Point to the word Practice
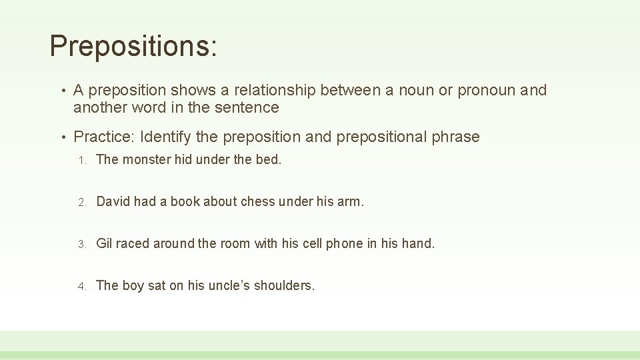pyautogui.click(x=104, y=137)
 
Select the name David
pyautogui.click(x=113, y=202)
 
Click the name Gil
pyautogui.click(x=105, y=244)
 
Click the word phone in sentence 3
pyautogui.click(x=345, y=244)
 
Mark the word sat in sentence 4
pyautogui.click(x=156, y=286)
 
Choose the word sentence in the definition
pyautogui.click(x=245, y=107)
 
